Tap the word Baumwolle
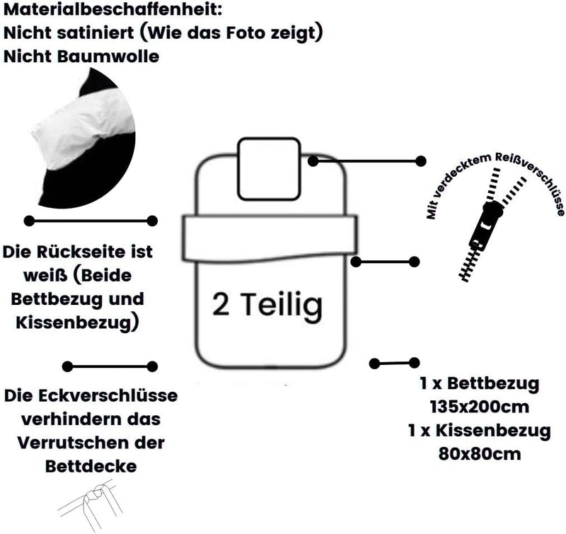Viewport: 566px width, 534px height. [108, 57]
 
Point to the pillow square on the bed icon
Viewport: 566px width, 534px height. [269, 169]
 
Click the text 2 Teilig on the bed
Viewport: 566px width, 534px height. [267, 306]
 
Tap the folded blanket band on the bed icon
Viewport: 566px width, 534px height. [270, 238]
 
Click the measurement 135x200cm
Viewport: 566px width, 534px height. [480, 407]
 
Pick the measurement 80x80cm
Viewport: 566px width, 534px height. [480, 454]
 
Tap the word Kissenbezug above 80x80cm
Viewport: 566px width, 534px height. [492, 431]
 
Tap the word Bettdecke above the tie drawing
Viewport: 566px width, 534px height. [91, 466]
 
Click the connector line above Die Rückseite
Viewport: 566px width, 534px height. [91, 221]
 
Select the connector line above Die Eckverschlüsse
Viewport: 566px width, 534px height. [110, 366]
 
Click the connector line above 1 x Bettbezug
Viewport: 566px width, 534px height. [395, 363]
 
